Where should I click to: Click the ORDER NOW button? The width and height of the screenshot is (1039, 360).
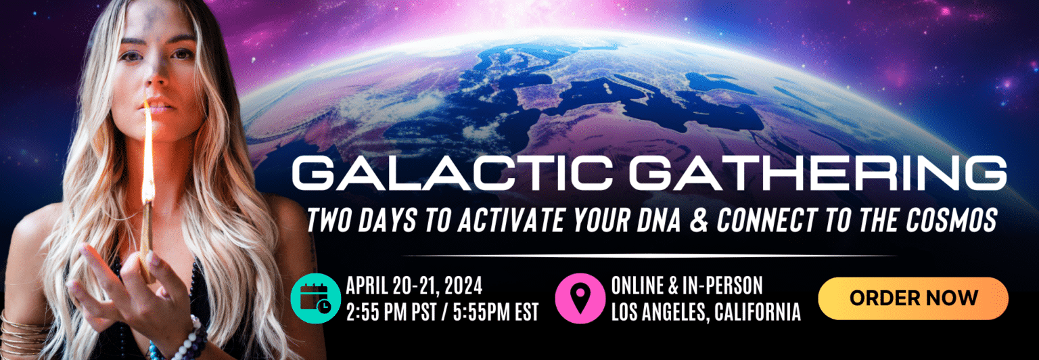[913, 298]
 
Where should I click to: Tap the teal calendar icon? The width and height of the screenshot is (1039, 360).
[316, 298]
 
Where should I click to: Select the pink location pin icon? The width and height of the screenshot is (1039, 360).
[580, 298]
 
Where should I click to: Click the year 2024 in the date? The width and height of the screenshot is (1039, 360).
[463, 286]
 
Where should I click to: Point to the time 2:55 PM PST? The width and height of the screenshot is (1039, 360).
[392, 312]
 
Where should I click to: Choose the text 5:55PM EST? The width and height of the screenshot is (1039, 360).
[496, 312]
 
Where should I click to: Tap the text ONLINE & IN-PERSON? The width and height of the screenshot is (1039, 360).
[687, 286]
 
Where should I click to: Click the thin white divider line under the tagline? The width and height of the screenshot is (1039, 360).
[649, 256]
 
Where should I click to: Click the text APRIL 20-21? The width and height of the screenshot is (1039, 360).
[391, 286]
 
